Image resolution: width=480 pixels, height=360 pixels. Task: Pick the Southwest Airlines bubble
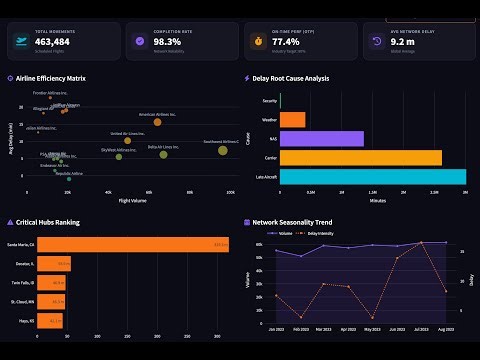pos(223,150)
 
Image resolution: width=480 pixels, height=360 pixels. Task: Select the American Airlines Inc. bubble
pos(157,122)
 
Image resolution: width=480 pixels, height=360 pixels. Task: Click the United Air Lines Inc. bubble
pos(127,141)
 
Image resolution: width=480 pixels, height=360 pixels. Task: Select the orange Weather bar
pos(293,120)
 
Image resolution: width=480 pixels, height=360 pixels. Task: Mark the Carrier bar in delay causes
pos(361,158)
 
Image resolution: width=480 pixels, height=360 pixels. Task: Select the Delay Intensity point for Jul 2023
pos(421,243)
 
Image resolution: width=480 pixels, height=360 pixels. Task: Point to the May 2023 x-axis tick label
pos(372,328)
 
